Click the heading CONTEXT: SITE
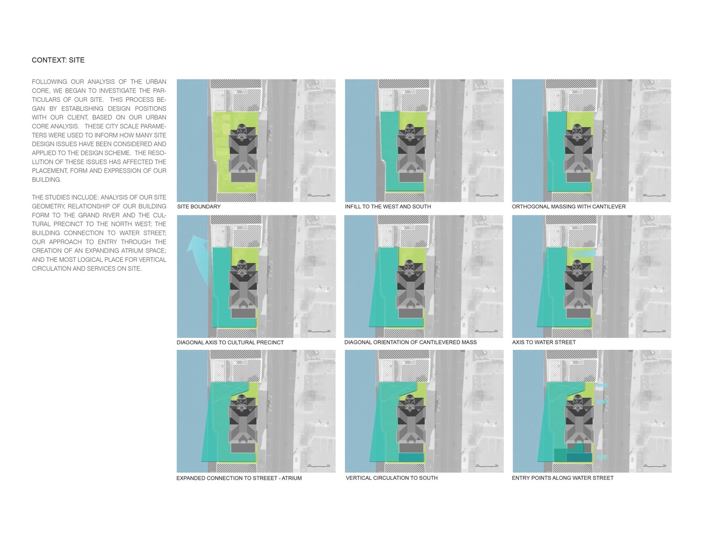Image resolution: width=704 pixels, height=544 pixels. coord(58,60)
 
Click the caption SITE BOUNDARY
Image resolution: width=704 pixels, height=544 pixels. coord(199,207)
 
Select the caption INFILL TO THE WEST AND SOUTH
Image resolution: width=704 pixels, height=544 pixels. coord(388,207)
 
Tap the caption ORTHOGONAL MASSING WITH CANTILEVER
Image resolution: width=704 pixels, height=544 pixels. coord(569,207)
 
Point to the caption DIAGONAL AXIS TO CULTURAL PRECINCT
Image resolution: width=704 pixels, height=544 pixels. coord(230,343)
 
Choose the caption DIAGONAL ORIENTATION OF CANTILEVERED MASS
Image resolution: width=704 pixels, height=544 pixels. coord(410,342)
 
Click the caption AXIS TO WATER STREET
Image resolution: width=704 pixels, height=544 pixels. coord(544,342)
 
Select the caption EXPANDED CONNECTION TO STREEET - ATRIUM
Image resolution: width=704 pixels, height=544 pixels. coord(239,478)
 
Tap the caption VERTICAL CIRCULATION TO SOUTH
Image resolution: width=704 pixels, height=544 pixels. coord(392,478)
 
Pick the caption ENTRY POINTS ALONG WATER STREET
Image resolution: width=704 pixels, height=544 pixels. coord(563,478)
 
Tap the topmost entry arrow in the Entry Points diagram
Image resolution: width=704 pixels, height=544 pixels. coord(602,386)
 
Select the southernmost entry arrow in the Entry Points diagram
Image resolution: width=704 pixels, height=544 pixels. coord(602,458)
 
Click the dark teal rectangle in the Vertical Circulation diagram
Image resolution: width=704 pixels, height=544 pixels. coord(411,457)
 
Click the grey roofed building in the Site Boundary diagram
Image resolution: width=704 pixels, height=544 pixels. coord(243,152)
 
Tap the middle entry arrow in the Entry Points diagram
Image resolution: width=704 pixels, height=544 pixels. coord(602,402)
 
